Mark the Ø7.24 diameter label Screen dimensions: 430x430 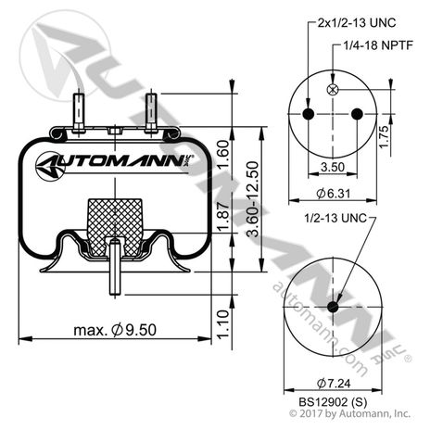tap(334, 383)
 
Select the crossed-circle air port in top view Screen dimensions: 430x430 tap(334, 89)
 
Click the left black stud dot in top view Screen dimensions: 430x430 tap(309, 113)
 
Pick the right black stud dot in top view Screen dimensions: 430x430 tap(359, 113)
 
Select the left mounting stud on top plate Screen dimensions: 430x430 tap(80, 111)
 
